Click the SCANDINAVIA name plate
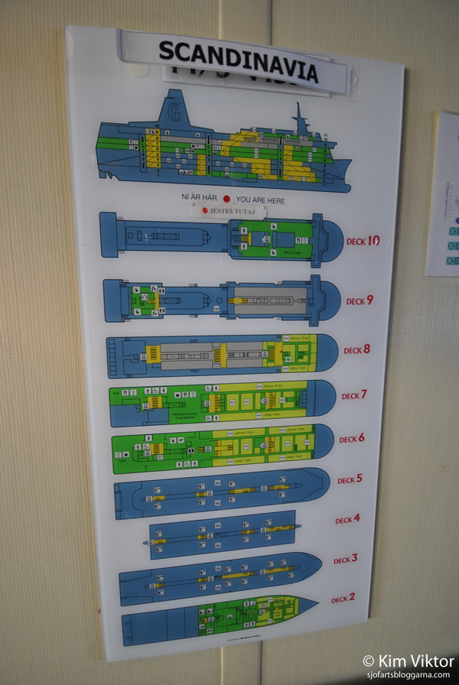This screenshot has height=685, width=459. (238, 62)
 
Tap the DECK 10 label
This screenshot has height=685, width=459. (362, 242)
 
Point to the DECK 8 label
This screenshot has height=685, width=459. (356, 350)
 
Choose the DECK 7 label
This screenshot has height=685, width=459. (354, 395)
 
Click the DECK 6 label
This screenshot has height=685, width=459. (352, 439)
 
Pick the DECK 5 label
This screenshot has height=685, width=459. (350, 480)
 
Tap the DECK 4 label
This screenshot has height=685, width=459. (347, 520)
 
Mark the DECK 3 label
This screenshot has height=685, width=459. (345, 560)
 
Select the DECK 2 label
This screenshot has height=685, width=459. (343, 599)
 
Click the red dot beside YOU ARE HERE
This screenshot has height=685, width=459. (226, 197)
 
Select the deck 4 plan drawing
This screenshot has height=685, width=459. (222, 533)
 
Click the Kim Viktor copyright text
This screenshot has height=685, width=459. (409, 660)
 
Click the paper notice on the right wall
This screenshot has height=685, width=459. (444, 195)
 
